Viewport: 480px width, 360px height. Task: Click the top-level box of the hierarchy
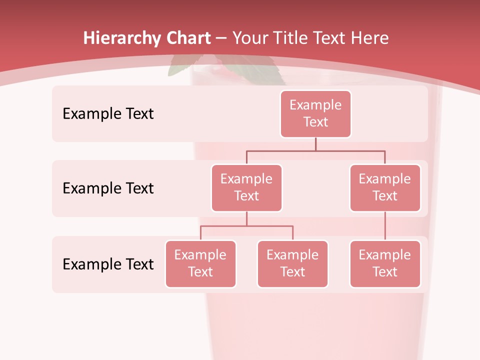click(x=315, y=113)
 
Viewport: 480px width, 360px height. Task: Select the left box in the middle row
click(x=246, y=187)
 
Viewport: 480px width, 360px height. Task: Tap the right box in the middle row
click(x=385, y=187)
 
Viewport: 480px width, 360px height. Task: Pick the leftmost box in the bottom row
click(x=200, y=263)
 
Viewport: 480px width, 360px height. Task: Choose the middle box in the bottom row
click(x=292, y=263)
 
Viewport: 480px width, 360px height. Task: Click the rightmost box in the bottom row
click(x=385, y=263)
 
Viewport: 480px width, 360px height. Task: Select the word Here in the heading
click(x=369, y=38)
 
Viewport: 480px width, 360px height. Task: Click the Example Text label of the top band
click(x=108, y=113)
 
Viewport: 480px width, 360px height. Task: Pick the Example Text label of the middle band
click(x=108, y=188)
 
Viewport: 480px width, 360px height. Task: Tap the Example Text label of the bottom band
click(x=108, y=264)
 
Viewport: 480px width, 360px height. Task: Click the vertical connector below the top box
click(x=315, y=144)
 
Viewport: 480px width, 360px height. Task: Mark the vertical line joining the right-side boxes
click(x=385, y=226)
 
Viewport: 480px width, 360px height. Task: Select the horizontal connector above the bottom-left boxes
click(x=246, y=226)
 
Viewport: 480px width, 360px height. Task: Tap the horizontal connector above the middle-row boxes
click(x=315, y=150)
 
